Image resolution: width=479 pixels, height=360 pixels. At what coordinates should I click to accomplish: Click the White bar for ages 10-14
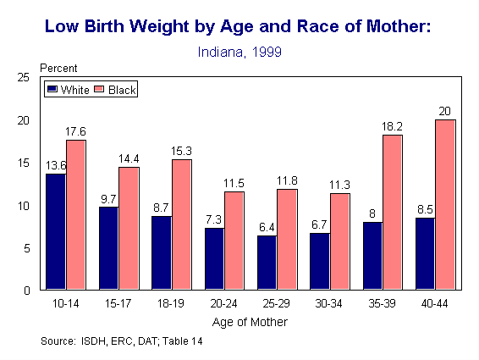coord(56,232)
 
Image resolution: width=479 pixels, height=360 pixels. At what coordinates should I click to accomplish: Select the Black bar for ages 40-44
coord(445,205)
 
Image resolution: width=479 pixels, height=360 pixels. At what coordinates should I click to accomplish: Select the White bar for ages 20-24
coord(215,259)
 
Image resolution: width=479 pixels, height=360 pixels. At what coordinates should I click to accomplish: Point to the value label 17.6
coord(77,131)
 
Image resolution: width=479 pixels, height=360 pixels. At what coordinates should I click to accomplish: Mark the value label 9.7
coord(108,198)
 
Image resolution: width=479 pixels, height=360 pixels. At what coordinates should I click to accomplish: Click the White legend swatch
coord(52,89)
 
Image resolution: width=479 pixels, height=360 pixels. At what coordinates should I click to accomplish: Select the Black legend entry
coord(114,89)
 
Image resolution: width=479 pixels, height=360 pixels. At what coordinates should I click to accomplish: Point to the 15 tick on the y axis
coord(25,163)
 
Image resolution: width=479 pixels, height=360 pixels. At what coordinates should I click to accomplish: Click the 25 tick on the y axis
coord(25,77)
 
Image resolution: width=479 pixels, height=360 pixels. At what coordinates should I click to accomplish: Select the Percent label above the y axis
coord(59,67)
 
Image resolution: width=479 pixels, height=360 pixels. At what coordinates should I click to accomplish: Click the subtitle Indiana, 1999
coord(239,51)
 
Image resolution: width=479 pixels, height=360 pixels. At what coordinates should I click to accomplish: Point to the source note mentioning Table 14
coord(121,342)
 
